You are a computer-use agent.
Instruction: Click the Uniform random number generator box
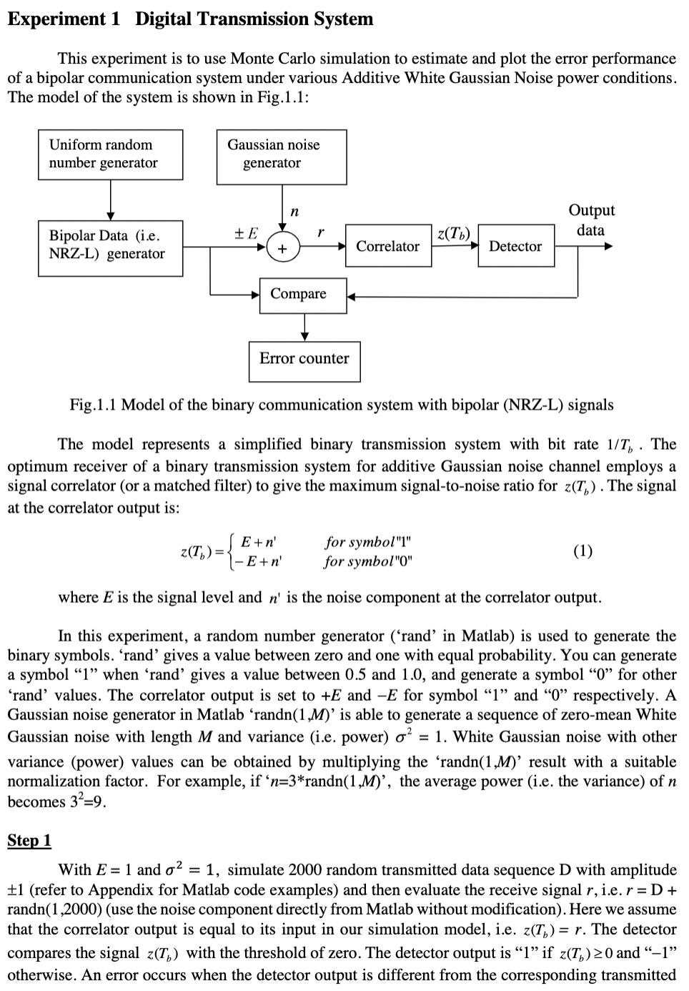[x=111, y=154]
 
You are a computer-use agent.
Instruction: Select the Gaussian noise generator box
[x=281, y=157]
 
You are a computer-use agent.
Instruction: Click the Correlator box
[x=388, y=246]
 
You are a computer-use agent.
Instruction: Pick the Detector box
[x=515, y=246]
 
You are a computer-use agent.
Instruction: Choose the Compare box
[x=298, y=295]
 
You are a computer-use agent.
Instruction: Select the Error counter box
[x=304, y=360]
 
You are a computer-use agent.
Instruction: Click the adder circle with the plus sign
[x=283, y=249]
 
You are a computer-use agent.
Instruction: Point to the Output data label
[x=591, y=220]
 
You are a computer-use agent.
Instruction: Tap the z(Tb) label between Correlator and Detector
[x=453, y=233]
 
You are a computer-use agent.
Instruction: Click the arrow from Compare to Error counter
[x=304, y=327]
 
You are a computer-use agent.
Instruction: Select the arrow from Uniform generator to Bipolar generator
[x=110, y=199]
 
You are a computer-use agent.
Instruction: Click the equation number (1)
[x=583, y=551]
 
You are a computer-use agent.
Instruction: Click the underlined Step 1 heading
[x=29, y=840]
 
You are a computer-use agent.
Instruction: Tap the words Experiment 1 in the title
[x=64, y=19]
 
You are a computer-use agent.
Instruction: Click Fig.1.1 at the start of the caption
[x=93, y=405]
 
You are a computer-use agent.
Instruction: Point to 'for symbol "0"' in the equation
[x=368, y=561]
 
